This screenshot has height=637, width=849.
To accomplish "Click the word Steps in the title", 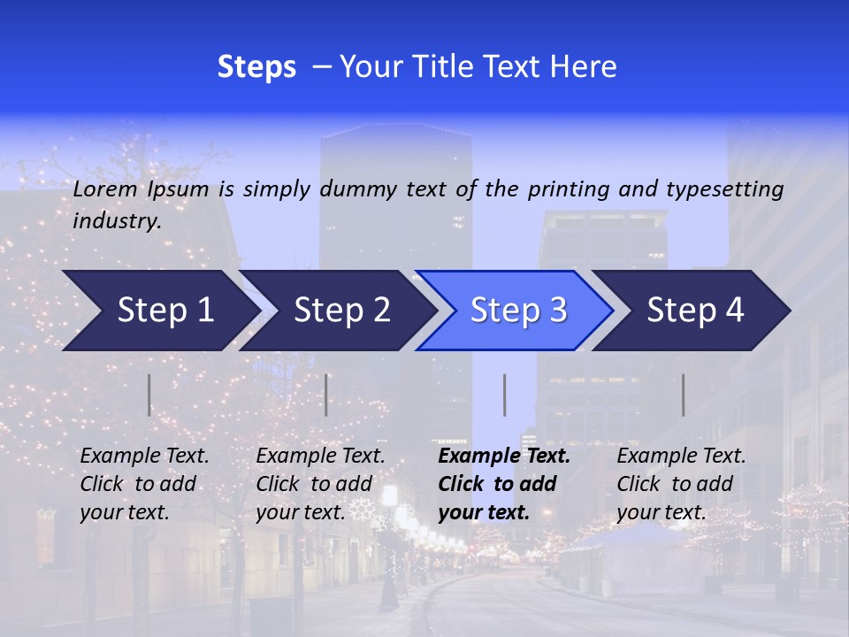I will (x=256, y=67).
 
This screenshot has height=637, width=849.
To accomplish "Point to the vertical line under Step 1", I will (x=149, y=395).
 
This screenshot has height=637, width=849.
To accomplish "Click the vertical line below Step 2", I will (x=326, y=395).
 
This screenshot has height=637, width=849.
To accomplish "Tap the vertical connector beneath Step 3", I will (x=504, y=395).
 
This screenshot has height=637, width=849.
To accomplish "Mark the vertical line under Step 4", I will (x=683, y=395).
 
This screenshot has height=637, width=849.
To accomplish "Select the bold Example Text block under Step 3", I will (x=504, y=484).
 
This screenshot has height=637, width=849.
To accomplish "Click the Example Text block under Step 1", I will (x=144, y=484).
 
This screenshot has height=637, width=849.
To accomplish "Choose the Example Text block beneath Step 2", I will (x=320, y=484).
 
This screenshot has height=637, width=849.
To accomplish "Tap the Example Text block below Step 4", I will (x=681, y=484).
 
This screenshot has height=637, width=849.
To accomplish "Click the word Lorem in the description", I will (x=105, y=189).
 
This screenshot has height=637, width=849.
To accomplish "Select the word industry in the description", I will (x=116, y=221).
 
